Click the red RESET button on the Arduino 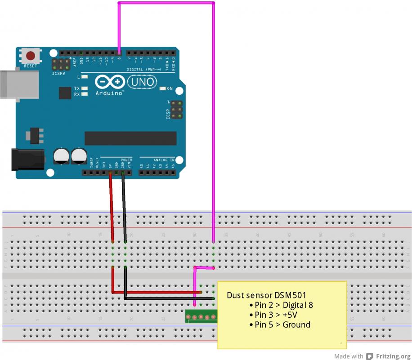31,56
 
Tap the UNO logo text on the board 142,82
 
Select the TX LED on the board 84,89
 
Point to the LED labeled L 84,77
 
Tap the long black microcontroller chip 130,138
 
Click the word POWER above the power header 126,160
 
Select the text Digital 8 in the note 297,305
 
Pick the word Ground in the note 296,324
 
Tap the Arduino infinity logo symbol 110,82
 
